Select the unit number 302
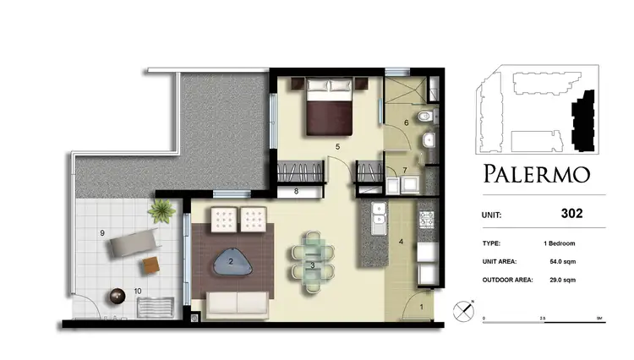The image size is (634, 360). [571, 214]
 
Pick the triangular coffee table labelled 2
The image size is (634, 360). [231, 264]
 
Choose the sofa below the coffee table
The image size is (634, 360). [238, 303]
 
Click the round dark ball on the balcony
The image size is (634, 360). [115, 297]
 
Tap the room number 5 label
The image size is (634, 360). [337, 148]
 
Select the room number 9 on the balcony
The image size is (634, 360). [101, 232]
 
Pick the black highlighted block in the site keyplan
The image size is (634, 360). [580, 124]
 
